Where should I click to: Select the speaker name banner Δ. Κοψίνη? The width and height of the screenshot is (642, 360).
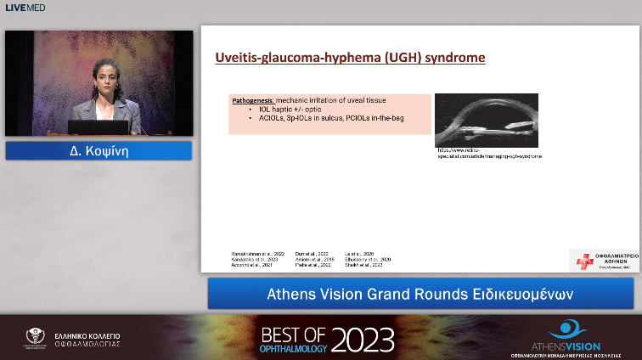click(x=98, y=151)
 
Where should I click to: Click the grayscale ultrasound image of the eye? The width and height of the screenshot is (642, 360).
click(x=486, y=121)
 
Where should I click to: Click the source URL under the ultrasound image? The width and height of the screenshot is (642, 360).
click(x=488, y=154)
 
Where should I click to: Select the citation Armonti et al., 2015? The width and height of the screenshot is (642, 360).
click(x=313, y=260)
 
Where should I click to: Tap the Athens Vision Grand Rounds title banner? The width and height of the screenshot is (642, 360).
click(x=420, y=294)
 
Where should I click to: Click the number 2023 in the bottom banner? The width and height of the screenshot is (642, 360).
click(x=363, y=339)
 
